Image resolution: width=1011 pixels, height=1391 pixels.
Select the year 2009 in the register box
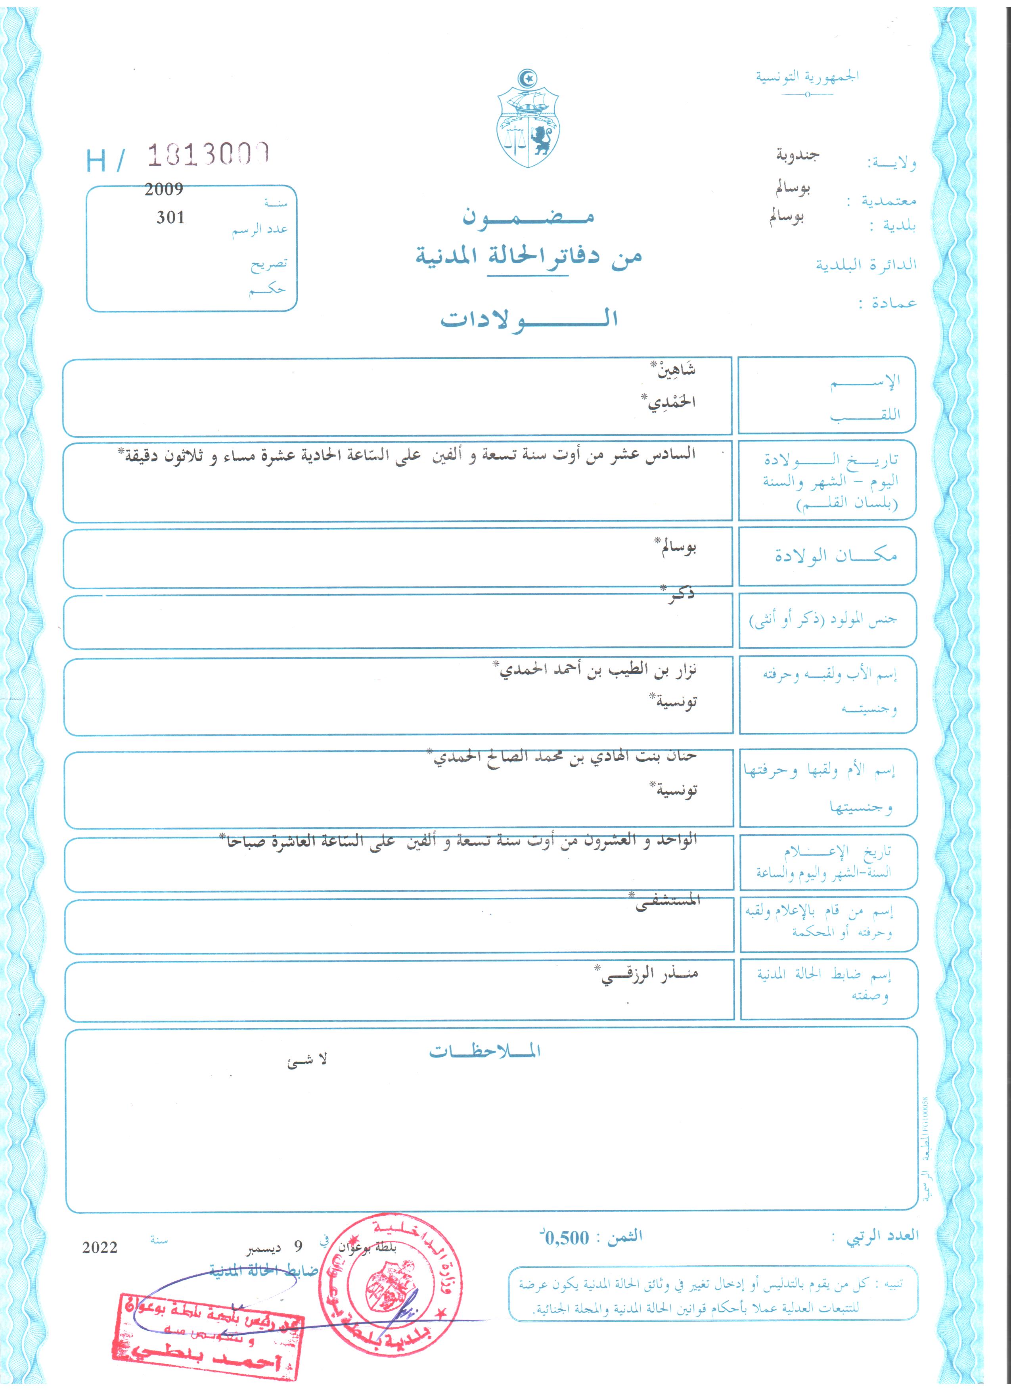(164, 190)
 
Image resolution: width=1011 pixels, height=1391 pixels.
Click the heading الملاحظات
(484, 1051)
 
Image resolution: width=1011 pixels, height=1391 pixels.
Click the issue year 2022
(100, 1247)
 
